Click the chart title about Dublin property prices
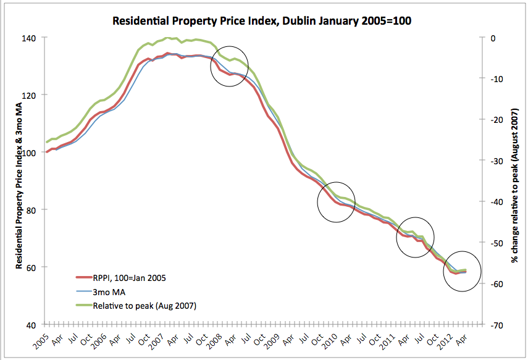262,21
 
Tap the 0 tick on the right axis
493,38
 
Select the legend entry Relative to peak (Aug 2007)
143,305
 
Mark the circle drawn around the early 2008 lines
230,66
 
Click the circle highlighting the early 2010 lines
337,202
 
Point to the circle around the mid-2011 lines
415,237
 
